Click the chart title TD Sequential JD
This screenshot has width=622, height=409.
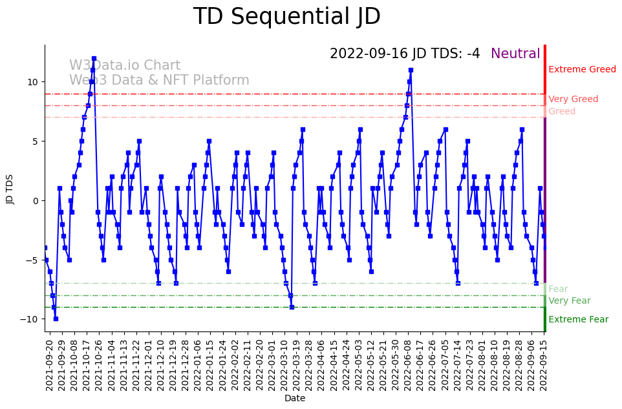tap(286, 17)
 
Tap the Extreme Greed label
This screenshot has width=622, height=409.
tap(582, 70)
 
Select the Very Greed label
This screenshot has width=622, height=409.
tap(573, 100)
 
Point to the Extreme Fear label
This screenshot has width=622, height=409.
tap(578, 320)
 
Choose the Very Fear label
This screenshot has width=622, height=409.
tap(569, 301)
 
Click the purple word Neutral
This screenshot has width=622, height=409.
tap(515, 54)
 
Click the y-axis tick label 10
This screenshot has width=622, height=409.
tap(33, 82)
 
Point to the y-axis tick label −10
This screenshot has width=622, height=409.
tap(31, 320)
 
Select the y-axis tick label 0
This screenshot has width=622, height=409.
tap(36, 201)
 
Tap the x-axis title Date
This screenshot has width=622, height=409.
tap(295, 399)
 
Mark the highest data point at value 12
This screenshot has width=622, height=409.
tap(94, 58)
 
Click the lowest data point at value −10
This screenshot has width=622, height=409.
tap(56, 319)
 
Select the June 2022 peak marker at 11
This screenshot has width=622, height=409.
tap(411, 70)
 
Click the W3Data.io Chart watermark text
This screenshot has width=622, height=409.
tap(125, 66)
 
